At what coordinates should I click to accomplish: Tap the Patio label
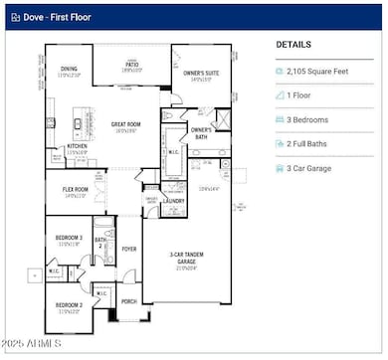click(x=131, y=67)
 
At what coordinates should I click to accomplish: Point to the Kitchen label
click(x=78, y=148)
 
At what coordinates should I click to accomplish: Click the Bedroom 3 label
click(x=68, y=239)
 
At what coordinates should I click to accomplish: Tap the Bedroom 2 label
click(x=68, y=305)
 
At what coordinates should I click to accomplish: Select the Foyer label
click(x=129, y=249)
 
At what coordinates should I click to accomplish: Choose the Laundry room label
click(x=175, y=200)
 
